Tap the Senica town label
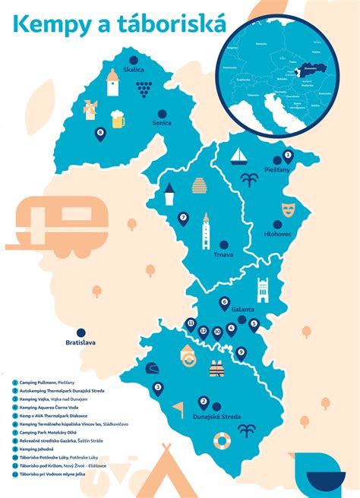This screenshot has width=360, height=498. pyautogui.click(x=162, y=122)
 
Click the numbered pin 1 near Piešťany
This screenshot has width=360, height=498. pyautogui.click(x=287, y=156)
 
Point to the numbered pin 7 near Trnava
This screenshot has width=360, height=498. pyautogui.click(x=183, y=219)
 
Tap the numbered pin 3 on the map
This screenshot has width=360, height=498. pyautogui.click(x=158, y=388)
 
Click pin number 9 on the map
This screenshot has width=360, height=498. pyautogui.click(x=241, y=351)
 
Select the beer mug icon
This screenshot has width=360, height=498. pyautogui.click(x=118, y=118)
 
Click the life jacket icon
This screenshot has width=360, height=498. pyautogui.click(x=217, y=370)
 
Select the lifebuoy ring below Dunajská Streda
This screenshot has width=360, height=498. pyautogui.click(x=221, y=440)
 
